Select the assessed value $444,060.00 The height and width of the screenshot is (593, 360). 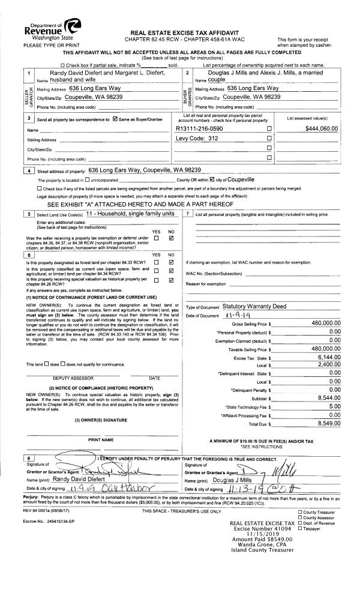tap(322, 128)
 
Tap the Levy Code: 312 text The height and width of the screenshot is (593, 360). tap(196, 139)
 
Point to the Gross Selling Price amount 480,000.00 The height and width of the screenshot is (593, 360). tap(323, 323)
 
